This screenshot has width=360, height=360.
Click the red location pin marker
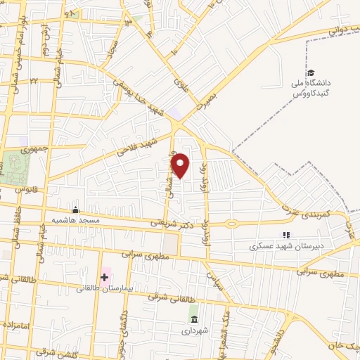pyautogui.click(x=181, y=165)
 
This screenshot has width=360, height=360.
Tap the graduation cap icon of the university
pyautogui.click(x=310, y=73)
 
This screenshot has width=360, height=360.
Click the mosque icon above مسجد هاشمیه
pyautogui.click(x=76, y=210)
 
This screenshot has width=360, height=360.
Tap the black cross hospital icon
pyautogui.click(x=104, y=276)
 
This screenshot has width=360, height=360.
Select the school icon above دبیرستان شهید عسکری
pyautogui.click(x=285, y=235)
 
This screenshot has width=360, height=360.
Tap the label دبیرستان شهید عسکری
pyautogui.click(x=285, y=247)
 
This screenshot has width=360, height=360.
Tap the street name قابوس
pyautogui.click(x=24, y=189)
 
